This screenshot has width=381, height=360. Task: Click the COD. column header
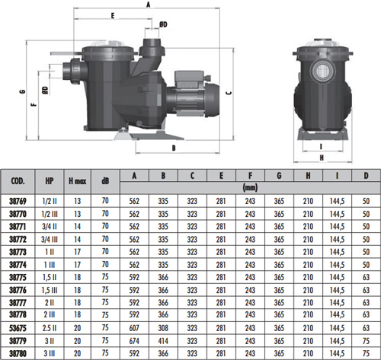(x=18, y=181)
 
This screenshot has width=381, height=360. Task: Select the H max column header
(x=78, y=181)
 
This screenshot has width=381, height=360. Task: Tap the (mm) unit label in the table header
(x=250, y=188)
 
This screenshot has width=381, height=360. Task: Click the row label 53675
(x=18, y=328)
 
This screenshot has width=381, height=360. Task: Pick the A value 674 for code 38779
(x=134, y=341)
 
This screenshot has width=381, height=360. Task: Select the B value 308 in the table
(x=163, y=328)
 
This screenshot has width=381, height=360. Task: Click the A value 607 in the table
(x=134, y=328)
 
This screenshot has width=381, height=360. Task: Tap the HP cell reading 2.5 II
(x=50, y=328)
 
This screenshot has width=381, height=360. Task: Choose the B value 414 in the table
(x=163, y=341)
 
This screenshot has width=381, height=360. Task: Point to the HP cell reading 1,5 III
(x=50, y=290)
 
